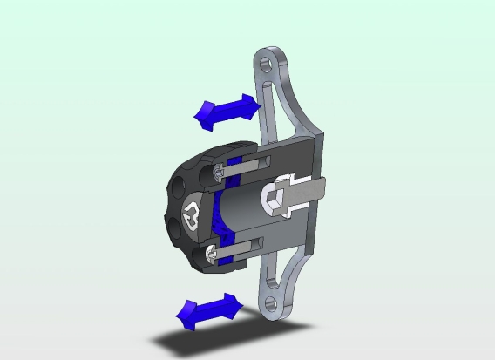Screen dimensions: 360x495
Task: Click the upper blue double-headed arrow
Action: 227,111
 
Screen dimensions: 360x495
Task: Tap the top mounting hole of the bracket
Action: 267,64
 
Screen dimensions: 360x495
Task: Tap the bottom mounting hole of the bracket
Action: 272,304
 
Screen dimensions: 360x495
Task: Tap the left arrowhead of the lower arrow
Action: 185,315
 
